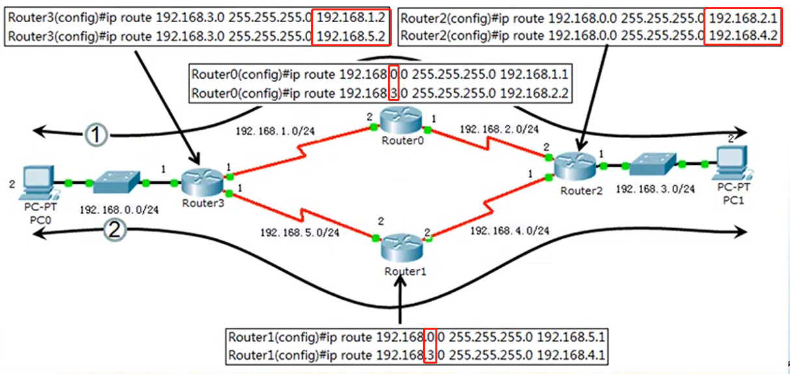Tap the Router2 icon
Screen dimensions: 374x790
click(x=575, y=165)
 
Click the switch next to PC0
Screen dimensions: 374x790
click(x=116, y=183)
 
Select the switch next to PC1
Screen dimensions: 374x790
click(x=653, y=165)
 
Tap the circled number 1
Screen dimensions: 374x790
click(x=95, y=135)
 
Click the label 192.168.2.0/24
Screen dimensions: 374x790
click(x=499, y=130)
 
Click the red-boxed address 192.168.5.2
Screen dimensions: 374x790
click(x=351, y=37)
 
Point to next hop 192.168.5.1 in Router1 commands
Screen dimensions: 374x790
click(x=572, y=338)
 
